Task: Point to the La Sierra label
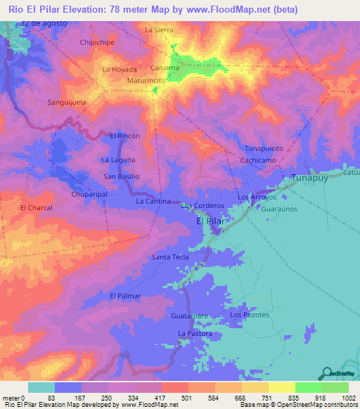[158, 30]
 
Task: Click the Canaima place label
[165, 68]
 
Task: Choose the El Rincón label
[125, 135]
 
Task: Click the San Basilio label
[122, 176]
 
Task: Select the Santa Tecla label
[171, 257]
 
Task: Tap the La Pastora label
[195, 333]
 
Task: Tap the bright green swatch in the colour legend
[308, 387]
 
